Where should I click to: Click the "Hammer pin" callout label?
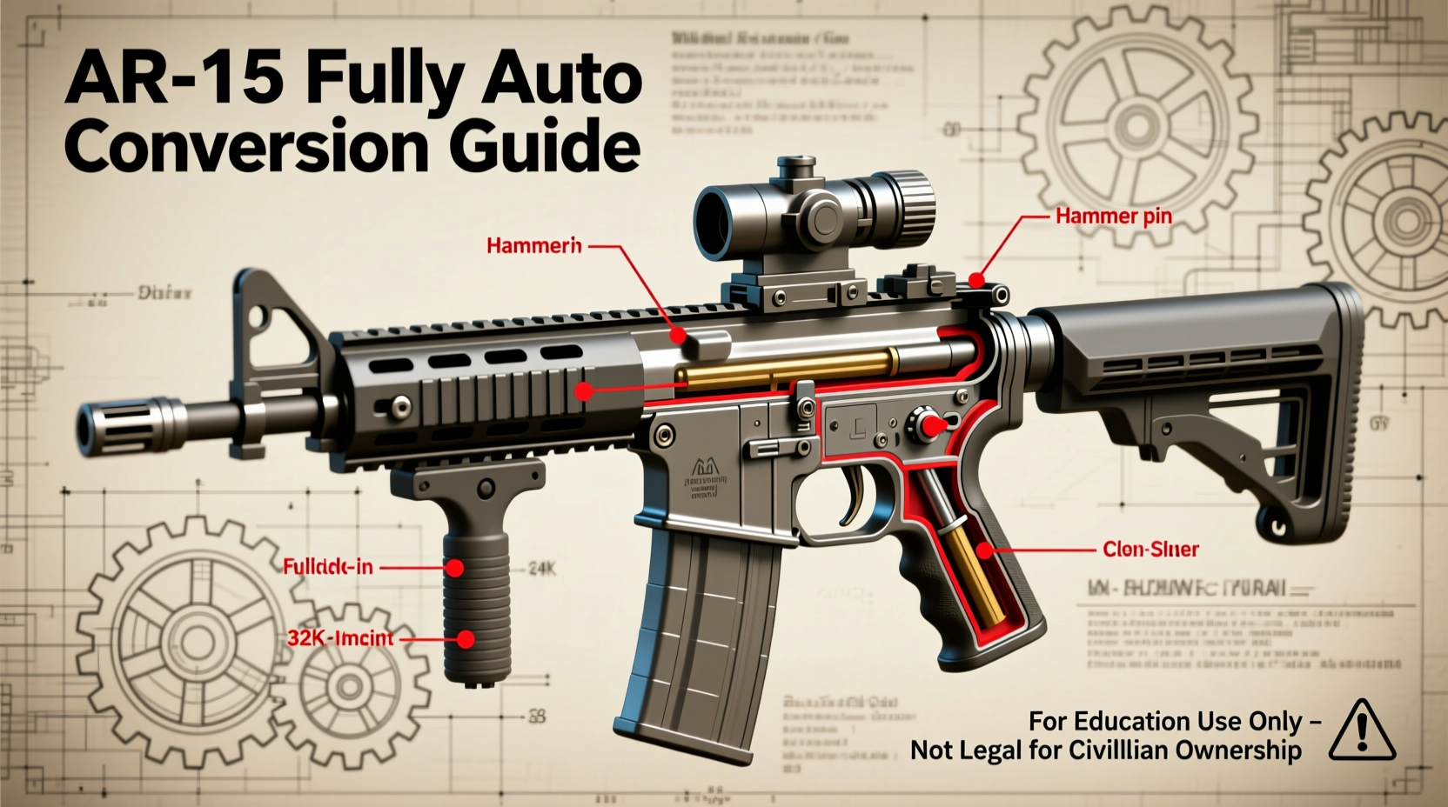tap(1113, 216)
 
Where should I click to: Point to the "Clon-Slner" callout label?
tap(1150, 550)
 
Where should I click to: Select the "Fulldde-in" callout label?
tap(327, 567)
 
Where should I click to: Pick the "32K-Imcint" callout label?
tap(340, 638)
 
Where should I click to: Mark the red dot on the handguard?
tap(584, 391)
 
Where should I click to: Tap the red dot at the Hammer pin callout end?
tap(977, 280)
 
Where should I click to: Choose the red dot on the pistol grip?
tap(984, 550)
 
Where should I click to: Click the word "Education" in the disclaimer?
tap(1131, 722)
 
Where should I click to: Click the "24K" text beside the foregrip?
tap(542, 570)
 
